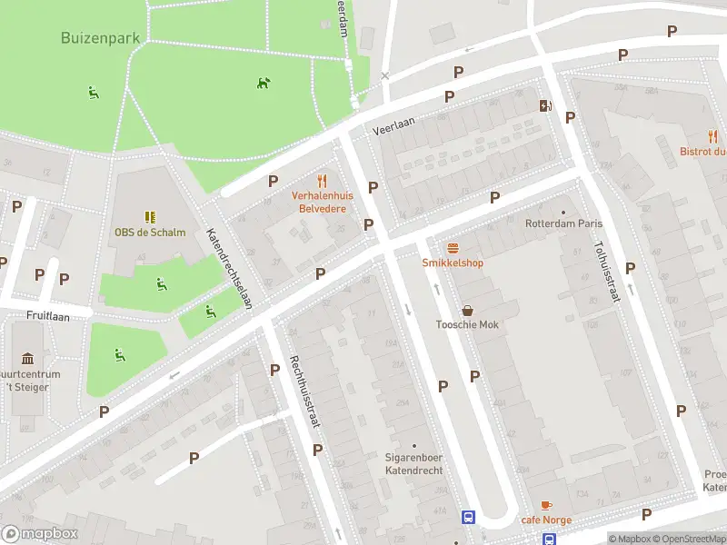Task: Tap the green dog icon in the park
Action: (264, 83)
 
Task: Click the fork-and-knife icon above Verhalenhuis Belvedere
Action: (321, 181)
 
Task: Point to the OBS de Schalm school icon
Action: (150, 217)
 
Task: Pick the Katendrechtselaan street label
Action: (230, 268)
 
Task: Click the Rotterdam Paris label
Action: (564, 223)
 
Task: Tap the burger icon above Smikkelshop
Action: (452, 247)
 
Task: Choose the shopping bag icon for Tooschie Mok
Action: (467, 310)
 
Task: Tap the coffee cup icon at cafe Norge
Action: (546, 505)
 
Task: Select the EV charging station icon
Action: (544, 105)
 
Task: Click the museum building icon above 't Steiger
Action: (26, 358)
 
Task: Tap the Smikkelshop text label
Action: (453, 263)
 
